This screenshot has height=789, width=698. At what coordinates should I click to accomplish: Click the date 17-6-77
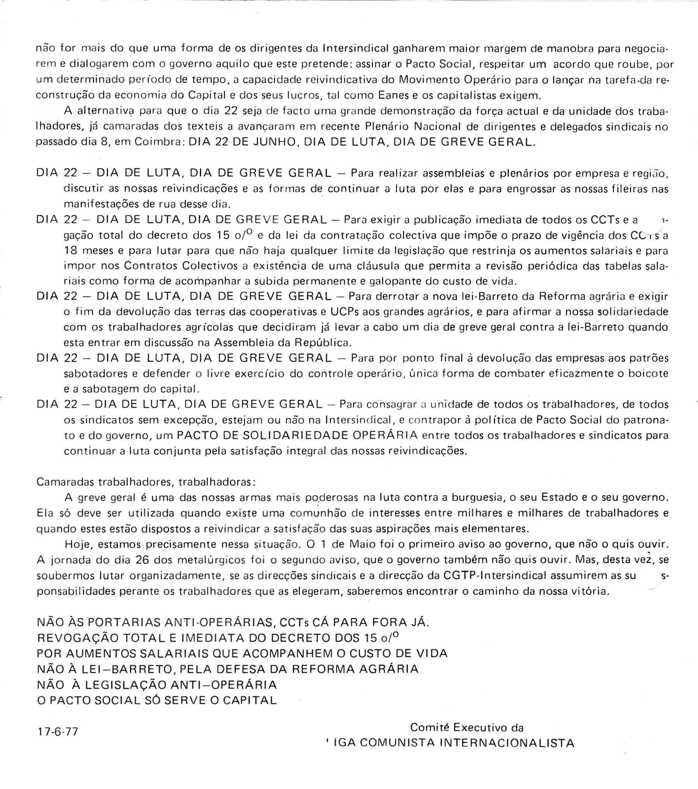pyautogui.click(x=57, y=732)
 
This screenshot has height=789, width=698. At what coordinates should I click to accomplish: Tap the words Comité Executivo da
pyautogui.click(x=466, y=727)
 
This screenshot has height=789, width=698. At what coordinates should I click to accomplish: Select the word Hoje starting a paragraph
pyautogui.click(x=79, y=544)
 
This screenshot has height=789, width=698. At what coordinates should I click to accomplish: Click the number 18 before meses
pyautogui.click(x=71, y=251)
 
